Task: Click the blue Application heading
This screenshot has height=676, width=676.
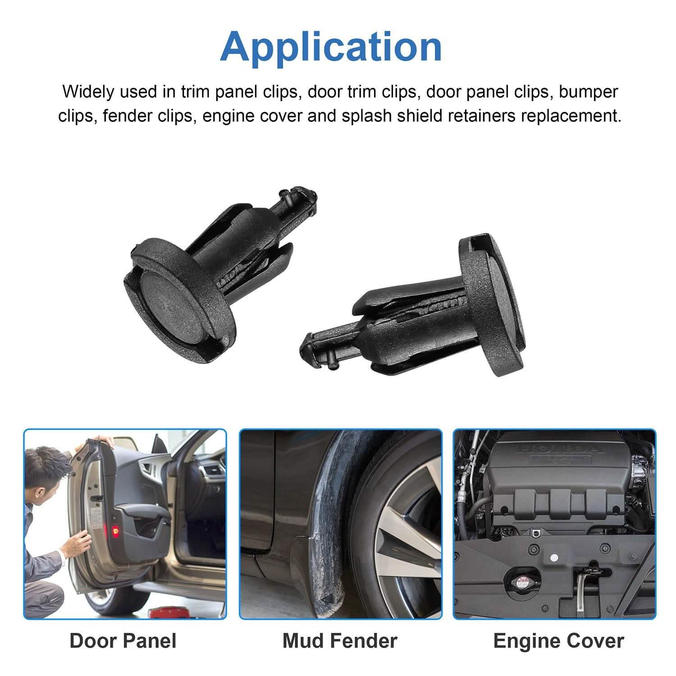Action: [x=331, y=47]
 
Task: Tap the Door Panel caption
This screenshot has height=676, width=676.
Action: [x=123, y=640]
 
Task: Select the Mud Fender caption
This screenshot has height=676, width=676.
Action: [x=340, y=640]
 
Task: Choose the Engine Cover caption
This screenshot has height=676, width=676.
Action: [x=558, y=641]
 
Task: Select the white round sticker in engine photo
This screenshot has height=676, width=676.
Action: [x=554, y=557]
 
